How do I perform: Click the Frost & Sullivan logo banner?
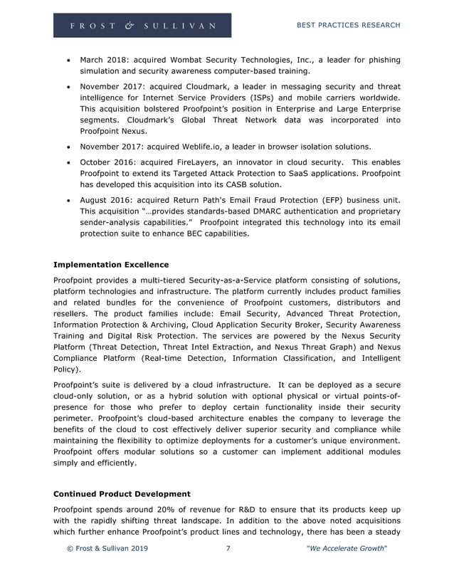[142, 26]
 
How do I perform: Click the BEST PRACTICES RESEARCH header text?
[348, 26]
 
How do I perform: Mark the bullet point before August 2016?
[68, 199]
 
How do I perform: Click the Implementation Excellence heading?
[111, 265]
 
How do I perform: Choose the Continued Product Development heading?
[122, 493]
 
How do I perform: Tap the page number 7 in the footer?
[228, 549]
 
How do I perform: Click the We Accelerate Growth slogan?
[346, 549]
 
